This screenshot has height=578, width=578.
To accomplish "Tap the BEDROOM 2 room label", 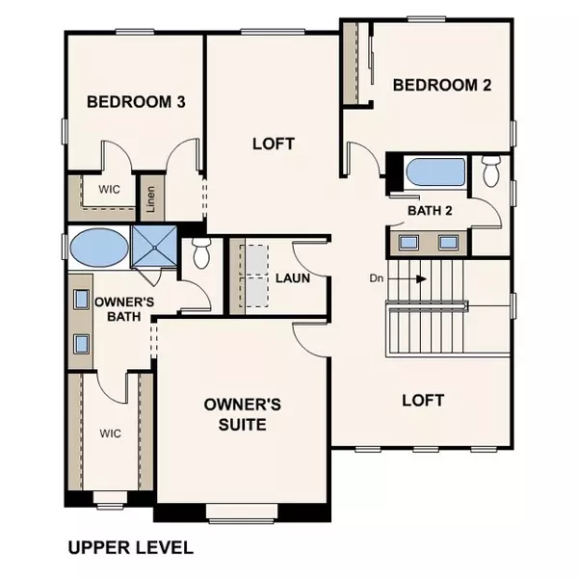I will tap(442, 85).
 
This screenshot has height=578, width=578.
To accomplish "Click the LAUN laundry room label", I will tap(292, 279).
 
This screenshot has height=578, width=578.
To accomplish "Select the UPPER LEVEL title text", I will tap(130, 548).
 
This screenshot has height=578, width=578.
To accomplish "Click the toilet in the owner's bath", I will tap(201, 253).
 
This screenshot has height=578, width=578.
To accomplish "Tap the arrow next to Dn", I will tap(415, 279).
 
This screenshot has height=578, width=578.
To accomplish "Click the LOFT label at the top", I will tap(273, 144).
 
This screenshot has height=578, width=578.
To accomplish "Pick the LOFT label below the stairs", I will tap(422, 400).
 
